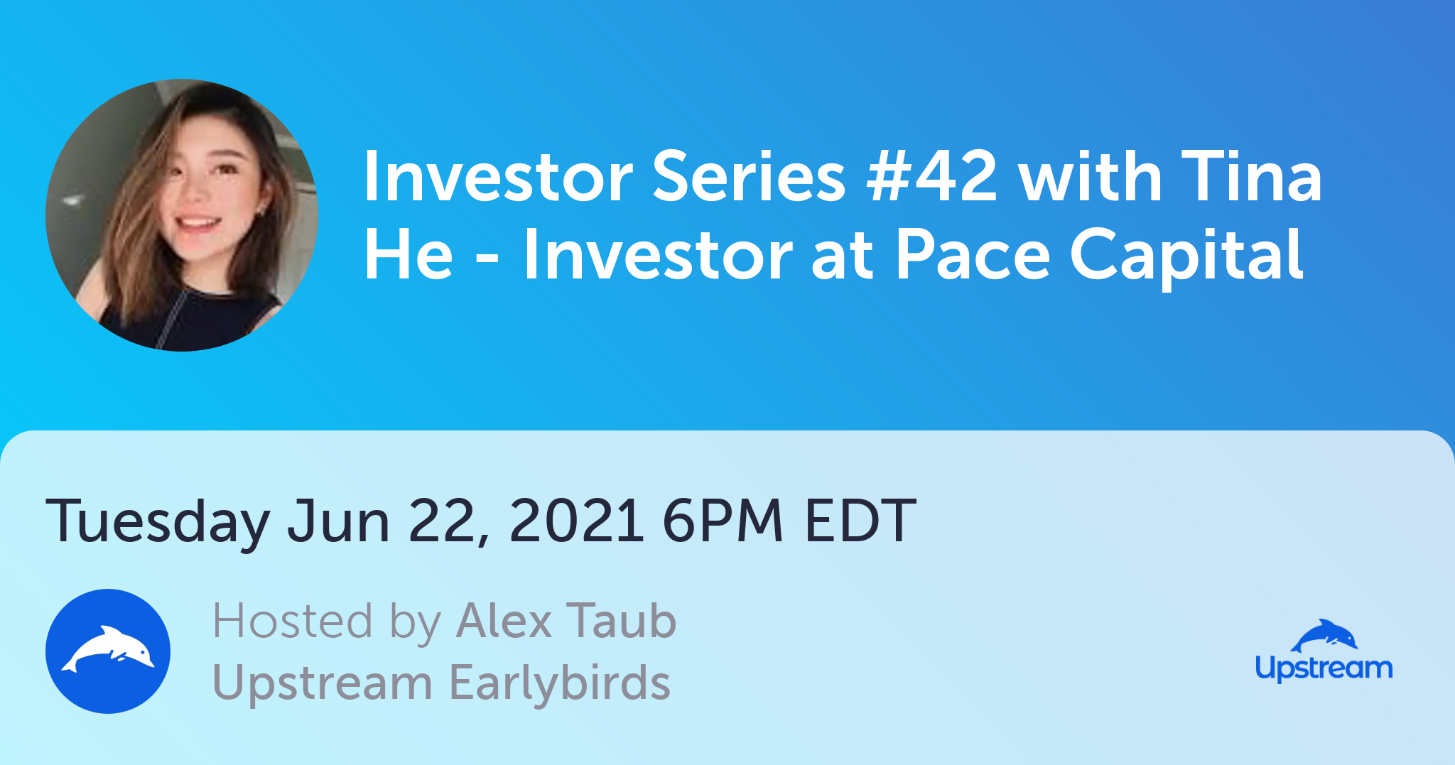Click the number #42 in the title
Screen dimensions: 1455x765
[x=931, y=176]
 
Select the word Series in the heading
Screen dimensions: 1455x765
[x=749, y=176]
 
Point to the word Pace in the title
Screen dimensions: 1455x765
[x=972, y=254]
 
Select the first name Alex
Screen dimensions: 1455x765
[x=504, y=621]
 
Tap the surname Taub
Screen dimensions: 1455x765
[x=622, y=621]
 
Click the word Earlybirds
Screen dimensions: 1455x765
[x=560, y=683]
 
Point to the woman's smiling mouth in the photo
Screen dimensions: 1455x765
[x=197, y=224]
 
